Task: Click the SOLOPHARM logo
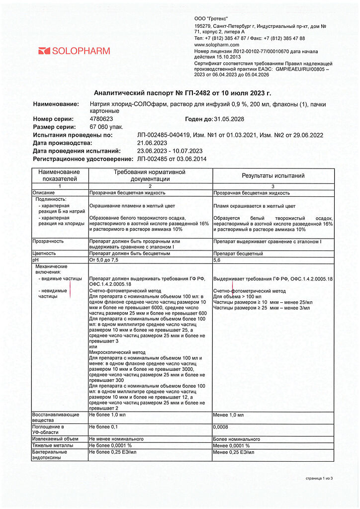coord(74,51)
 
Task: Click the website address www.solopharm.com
coord(216,45)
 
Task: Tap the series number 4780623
coord(101,119)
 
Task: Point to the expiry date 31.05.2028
coord(229,119)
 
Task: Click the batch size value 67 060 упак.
coord(105,127)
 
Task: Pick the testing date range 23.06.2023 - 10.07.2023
coord(170,151)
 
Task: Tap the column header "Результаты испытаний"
coord(273,175)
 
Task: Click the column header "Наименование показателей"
coord(60,175)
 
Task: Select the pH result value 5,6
coord(217,259)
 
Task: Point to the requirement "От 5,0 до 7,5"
coord(104,259)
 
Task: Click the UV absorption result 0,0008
coord(221,427)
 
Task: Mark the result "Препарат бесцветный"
coord(238,254)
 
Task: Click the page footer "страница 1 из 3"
coord(319,478)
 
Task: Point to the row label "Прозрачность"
coord(48,241)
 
